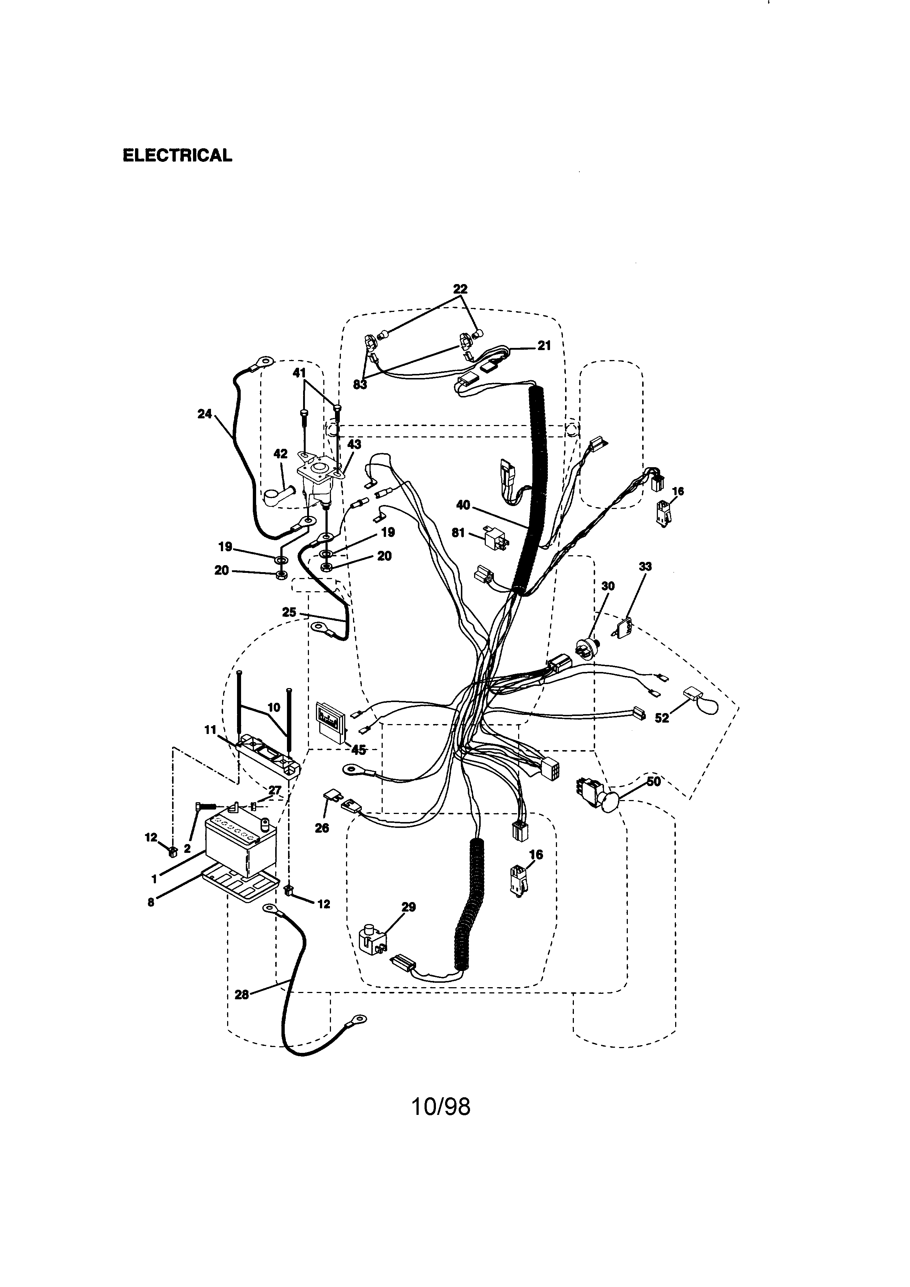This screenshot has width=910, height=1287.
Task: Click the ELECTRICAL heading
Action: tap(177, 155)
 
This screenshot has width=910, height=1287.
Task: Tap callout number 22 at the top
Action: tap(460, 289)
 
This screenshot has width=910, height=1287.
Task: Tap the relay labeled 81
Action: tap(495, 538)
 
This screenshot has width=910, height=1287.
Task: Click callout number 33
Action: tap(645, 567)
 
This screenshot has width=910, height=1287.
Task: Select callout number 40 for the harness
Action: tap(463, 505)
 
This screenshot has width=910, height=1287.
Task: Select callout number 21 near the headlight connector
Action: tap(544, 346)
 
